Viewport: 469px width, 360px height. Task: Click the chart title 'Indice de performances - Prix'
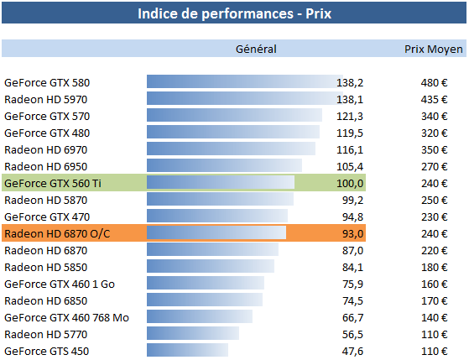click(235, 14)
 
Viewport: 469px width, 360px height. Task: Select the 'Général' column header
click(256, 50)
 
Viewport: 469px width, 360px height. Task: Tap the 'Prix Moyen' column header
click(433, 50)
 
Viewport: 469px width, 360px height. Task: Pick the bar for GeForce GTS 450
click(187, 351)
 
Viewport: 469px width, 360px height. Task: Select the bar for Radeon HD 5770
click(192, 334)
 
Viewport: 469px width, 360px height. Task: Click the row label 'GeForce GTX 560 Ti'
click(53, 183)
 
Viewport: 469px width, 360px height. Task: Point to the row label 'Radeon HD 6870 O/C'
click(57, 233)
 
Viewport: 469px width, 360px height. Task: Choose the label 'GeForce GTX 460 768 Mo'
click(66, 317)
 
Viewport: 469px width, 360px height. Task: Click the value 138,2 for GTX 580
click(350, 82)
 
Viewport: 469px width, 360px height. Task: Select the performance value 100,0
click(350, 183)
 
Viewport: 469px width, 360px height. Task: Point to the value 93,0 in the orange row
click(352, 233)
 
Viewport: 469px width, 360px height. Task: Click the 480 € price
click(435, 82)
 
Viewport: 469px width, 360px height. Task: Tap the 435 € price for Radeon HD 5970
click(435, 99)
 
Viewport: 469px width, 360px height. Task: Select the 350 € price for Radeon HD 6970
click(435, 149)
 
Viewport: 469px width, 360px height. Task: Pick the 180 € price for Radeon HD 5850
click(435, 267)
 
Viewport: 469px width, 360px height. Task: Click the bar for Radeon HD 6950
click(224, 166)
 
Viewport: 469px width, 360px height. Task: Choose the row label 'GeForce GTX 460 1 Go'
click(60, 284)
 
